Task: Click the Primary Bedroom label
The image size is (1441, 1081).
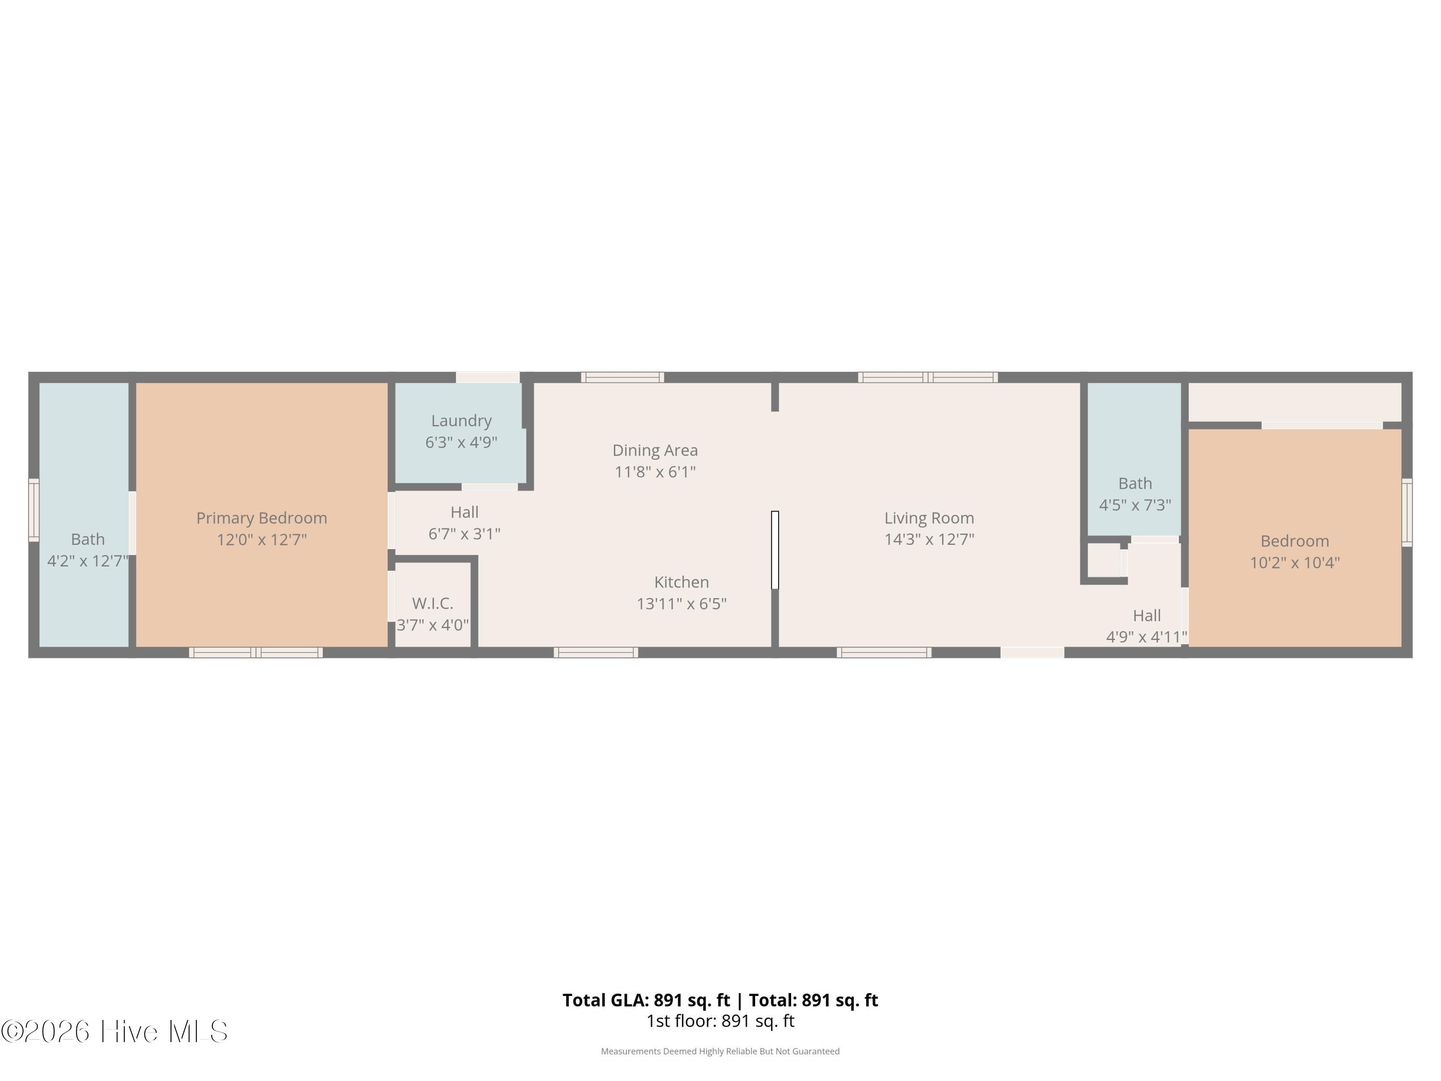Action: tap(262, 518)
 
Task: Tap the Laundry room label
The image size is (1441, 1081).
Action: tap(461, 421)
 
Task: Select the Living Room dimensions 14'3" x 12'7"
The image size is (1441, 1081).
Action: tap(929, 540)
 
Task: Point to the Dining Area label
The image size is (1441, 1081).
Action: tap(655, 450)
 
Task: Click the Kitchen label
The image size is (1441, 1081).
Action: tap(682, 582)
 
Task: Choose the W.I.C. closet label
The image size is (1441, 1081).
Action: tap(433, 603)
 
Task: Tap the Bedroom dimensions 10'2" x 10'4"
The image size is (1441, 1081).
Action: tap(1294, 562)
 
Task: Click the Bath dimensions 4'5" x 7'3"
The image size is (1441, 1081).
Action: tap(1135, 505)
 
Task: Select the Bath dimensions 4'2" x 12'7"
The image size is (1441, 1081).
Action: tap(88, 561)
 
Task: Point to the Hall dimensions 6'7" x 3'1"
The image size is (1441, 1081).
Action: tap(464, 534)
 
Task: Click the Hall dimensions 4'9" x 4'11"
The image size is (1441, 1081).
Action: tap(1147, 637)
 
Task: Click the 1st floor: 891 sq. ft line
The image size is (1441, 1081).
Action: tap(720, 1021)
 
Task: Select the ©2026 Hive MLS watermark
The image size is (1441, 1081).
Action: tap(115, 1032)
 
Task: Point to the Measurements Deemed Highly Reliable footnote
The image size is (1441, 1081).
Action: tap(720, 1051)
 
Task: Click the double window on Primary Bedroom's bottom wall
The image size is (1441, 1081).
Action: tap(256, 652)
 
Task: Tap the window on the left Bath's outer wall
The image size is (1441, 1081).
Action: tap(34, 510)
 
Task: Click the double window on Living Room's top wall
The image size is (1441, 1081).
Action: tap(928, 377)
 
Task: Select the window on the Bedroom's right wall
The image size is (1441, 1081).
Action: tap(1407, 512)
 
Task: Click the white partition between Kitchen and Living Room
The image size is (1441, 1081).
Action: tap(775, 550)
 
